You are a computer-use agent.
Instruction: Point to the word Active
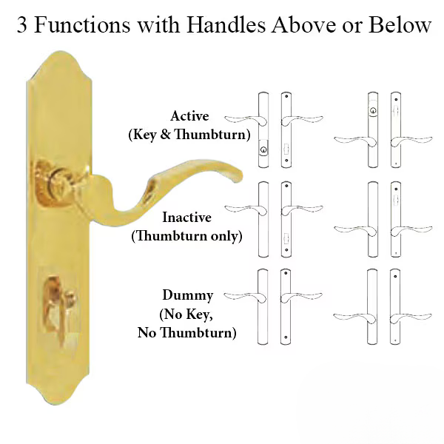click(x=189, y=116)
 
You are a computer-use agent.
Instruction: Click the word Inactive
click(x=187, y=218)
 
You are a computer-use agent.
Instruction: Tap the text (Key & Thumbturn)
click(x=189, y=135)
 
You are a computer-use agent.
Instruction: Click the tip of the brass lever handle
click(x=238, y=175)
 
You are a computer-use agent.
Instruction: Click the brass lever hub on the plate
click(x=59, y=176)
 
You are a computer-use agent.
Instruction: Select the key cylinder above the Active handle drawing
click(x=372, y=112)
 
